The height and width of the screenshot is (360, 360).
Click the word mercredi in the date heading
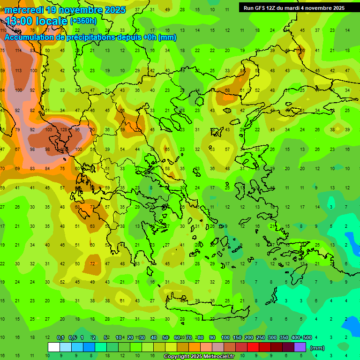pyautogui.click(x=24, y=10)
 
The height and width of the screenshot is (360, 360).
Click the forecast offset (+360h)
pyautogui.click(x=83, y=21)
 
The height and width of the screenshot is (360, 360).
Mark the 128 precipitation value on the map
pyautogui.click(x=63, y=130)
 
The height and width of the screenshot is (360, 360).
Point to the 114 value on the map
pyautogui.click(x=18, y=51)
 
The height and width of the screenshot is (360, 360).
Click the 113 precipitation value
pyautogui.click(x=18, y=71)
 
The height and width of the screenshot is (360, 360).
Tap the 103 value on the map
pyautogui.click(x=48, y=130)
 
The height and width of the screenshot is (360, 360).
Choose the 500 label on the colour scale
pyautogui.click(x=307, y=338)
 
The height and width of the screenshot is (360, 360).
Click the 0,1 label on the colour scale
pyautogui.click(x=60, y=338)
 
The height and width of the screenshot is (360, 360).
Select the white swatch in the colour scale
pyautogui.click(x=54, y=347)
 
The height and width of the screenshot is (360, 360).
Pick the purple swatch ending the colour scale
pyautogui.click(x=300, y=347)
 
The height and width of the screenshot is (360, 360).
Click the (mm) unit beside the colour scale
pyautogui.click(x=317, y=348)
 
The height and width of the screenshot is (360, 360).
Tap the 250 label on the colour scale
pyautogui.click(x=260, y=338)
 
